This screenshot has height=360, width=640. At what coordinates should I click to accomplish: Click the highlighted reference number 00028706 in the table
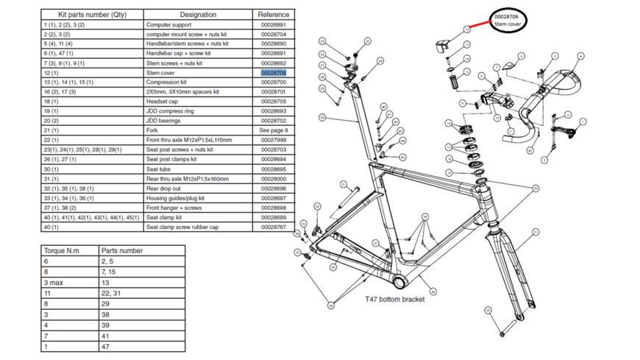273,73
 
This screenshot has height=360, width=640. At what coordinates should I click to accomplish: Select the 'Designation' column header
198,15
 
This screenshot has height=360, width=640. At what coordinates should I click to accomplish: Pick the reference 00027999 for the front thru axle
273,140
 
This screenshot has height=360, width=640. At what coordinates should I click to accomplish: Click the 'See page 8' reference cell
273,130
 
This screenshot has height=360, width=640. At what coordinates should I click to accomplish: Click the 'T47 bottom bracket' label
394,300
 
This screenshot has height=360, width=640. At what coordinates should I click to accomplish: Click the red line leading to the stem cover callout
480,25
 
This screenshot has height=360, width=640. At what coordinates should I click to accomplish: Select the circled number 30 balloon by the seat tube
322,118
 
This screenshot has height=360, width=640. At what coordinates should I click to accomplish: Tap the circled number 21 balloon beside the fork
536,233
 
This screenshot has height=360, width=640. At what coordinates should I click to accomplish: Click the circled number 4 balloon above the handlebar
580,56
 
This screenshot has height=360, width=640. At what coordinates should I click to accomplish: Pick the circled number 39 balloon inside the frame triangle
424,217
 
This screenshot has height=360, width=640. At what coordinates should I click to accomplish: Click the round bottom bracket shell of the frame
400,281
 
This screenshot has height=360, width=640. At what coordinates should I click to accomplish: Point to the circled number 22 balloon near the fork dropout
488,311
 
